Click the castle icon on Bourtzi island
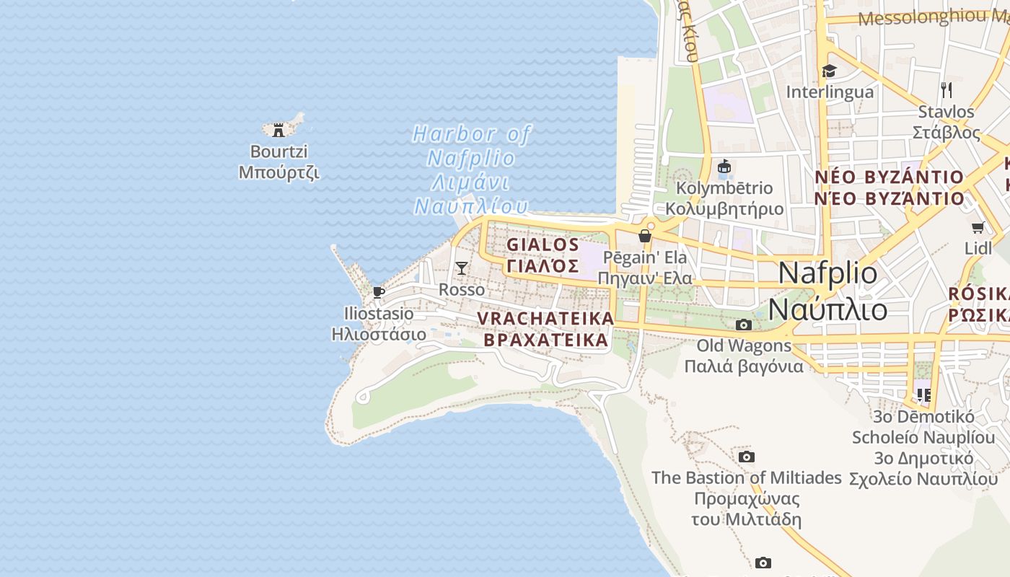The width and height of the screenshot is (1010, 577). tap(278, 131)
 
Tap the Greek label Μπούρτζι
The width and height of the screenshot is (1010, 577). tap(278, 172)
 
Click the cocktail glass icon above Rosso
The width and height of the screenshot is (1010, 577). tap(462, 268)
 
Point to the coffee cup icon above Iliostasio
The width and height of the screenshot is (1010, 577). tap(378, 292)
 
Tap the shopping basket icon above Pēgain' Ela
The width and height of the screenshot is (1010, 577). tap(645, 236)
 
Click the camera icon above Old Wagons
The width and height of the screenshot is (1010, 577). tap(743, 325)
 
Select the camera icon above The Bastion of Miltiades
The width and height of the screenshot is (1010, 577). tap(747, 457)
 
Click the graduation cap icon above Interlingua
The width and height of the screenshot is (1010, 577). tap(829, 71)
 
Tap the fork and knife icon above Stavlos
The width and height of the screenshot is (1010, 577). tap(947, 90)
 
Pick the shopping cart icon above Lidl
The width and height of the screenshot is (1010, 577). tap(978, 228)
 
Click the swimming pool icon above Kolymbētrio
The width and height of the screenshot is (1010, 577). tap(724, 167)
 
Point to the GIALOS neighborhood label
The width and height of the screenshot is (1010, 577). tap(543, 245)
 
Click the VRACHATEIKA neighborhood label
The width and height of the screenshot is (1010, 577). tap(545, 318)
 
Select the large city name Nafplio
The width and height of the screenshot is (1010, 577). tap(828, 273)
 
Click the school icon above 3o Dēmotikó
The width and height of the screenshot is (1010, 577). tap(923, 395)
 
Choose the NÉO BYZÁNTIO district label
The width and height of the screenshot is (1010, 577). tap(889, 177)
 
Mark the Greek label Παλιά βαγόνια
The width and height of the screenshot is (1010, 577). tap(743, 366)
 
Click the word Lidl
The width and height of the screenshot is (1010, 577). tap(978, 248)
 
